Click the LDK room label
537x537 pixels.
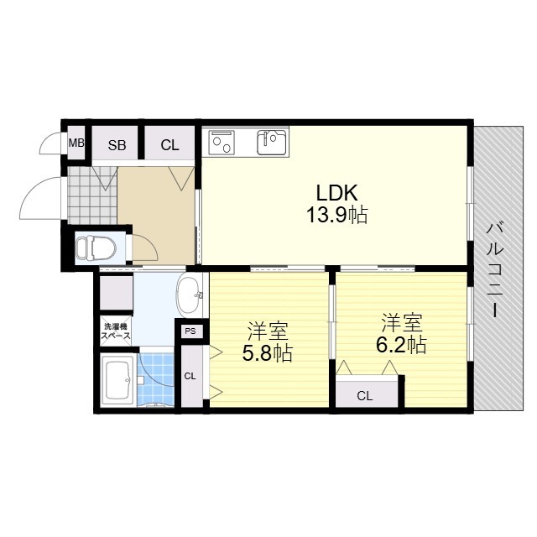click(x=336, y=193)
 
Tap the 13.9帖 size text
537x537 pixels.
click(x=336, y=216)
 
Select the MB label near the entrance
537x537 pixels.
click(x=76, y=143)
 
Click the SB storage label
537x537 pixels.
click(x=117, y=145)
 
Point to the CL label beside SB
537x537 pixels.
click(x=169, y=145)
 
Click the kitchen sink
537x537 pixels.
click(x=272, y=142)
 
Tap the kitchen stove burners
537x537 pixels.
click(x=222, y=142)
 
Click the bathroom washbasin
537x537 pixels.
click(x=190, y=295)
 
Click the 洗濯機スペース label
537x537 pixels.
click(x=116, y=331)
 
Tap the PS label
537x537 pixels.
click(x=190, y=331)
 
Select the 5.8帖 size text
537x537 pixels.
click(x=267, y=353)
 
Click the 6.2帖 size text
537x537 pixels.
click(x=401, y=345)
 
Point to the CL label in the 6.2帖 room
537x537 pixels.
click(x=364, y=396)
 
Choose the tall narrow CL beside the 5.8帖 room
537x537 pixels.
click(x=190, y=376)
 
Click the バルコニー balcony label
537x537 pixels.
click(x=494, y=270)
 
